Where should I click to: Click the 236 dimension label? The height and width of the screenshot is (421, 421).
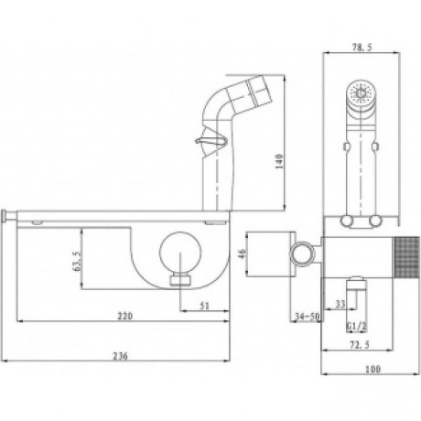click(121, 356)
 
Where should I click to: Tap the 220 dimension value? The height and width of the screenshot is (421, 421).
click(125, 316)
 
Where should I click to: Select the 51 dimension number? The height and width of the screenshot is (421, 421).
click(204, 306)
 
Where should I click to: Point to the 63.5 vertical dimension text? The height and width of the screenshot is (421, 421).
click(77, 261)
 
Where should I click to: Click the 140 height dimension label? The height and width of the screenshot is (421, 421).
click(279, 162)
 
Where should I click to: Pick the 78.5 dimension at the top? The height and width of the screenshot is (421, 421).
click(362, 48)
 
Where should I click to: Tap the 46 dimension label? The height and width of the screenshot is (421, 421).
click(242, 254)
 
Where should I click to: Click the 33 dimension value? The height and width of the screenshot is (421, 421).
click(340, 304)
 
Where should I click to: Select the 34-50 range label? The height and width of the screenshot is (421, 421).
click(308, 317)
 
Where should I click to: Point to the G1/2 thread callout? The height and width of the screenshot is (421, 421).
click(356, 327)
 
